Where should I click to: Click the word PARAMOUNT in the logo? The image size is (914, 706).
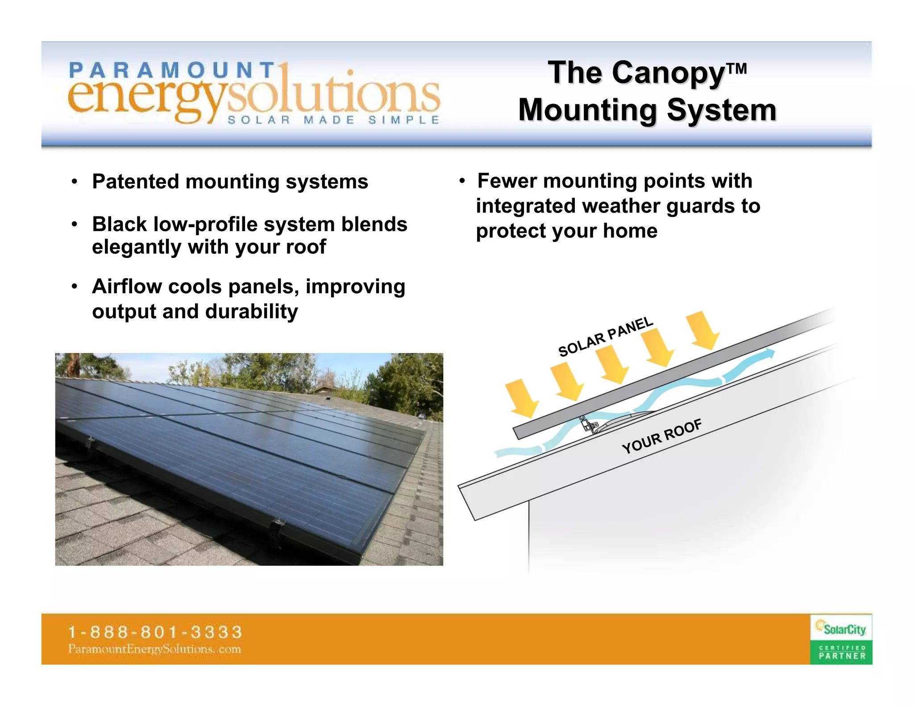click(x=172, y=71)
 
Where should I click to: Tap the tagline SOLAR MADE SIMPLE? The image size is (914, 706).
click(x=333, y=120)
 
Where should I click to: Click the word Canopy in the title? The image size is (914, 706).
click(x=669, y=74)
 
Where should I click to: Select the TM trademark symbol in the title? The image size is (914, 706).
click(x=736, y=68)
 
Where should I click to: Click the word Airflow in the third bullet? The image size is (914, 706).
click(x=126, y=287)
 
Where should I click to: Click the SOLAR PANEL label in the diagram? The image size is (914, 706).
click(x=606, y=336)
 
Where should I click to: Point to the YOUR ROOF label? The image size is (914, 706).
click(x=662, y=436)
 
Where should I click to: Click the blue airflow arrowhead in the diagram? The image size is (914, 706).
click(x=769, y=353)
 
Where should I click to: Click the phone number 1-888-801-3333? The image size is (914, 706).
click(x=155, y=632)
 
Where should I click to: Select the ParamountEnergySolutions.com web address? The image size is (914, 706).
click(x=154, y=649)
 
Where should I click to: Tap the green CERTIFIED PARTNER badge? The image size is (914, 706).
click(x=842, y=652)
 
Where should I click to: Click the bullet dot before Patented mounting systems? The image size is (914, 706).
click(x=75, y=182)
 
